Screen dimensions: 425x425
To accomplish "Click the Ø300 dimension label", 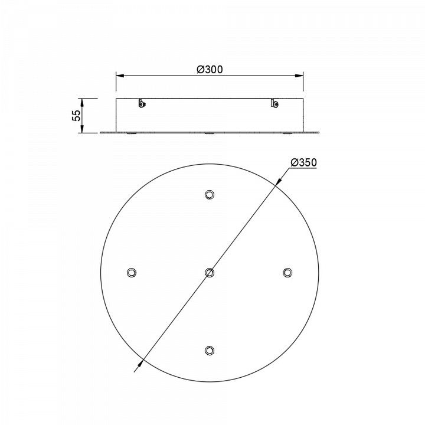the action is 210,70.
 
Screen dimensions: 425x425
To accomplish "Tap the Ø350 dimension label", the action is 303,162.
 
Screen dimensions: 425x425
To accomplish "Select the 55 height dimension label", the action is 76,116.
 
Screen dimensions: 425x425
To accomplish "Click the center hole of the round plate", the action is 209,272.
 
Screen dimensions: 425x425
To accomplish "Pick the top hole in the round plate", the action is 209,195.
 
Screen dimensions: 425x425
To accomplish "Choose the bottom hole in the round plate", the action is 209,350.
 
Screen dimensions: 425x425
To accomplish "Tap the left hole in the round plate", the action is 132,272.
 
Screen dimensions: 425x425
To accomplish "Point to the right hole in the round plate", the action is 287,272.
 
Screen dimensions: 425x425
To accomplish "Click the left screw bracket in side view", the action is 142,103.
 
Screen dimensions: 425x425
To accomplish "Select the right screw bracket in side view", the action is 274,103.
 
